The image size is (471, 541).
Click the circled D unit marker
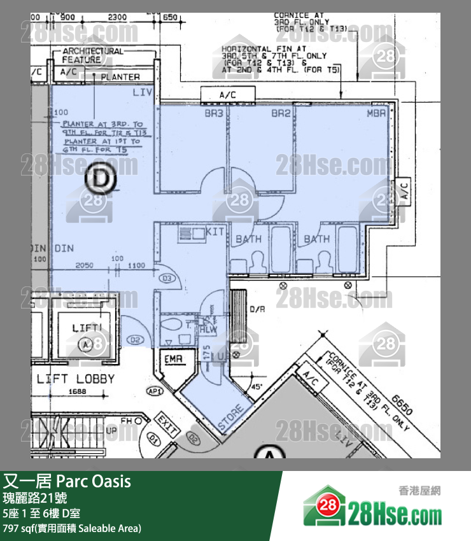click(101, 179)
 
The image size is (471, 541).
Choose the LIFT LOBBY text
click(76, 379)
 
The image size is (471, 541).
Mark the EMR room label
click(173, 360)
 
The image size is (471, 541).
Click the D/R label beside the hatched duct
click(257, 311)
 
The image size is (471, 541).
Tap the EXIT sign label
click(167, 426)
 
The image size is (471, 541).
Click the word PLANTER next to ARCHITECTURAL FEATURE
click(120, 77)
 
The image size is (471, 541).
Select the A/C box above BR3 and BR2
click(227, 95)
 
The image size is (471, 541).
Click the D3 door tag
click(168, 279)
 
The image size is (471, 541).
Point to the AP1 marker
click(155, 391)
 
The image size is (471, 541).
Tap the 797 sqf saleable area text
click(71, 528)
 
